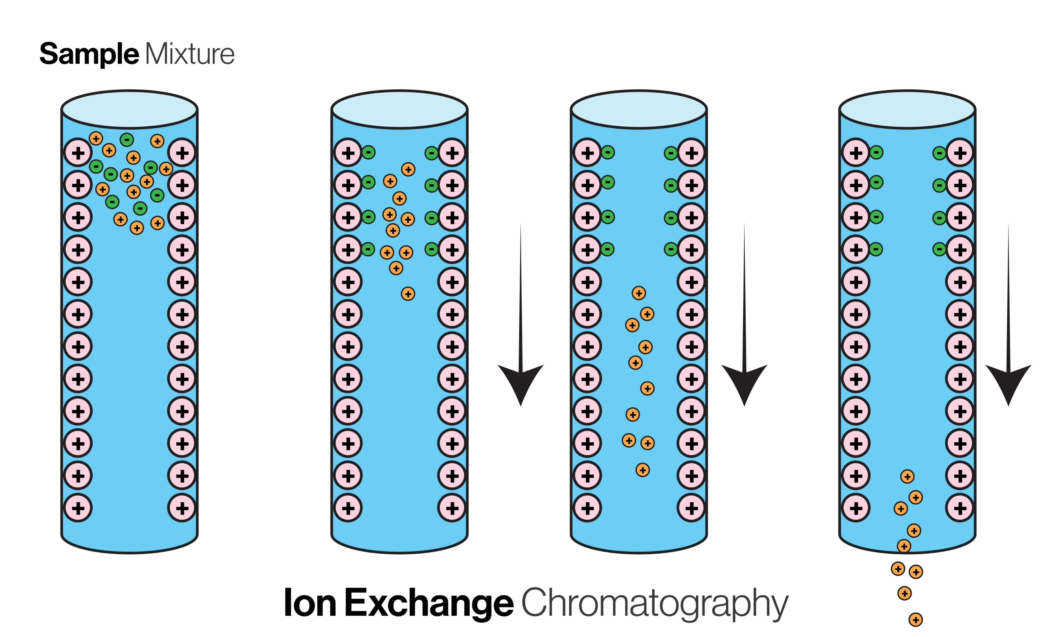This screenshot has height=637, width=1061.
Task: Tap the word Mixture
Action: tap(189, 54)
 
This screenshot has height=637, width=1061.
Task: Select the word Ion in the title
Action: tap(310, 603)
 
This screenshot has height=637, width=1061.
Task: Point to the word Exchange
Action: tap(429, 603)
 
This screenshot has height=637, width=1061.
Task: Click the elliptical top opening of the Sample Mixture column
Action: tap(129, 109)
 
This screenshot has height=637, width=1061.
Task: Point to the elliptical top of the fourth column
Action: tap(907, 109)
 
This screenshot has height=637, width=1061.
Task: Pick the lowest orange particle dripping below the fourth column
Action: tap(916, 619)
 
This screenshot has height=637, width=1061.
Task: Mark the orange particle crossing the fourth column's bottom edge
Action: tap(904, 546)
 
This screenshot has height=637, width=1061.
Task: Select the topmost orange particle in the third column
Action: tap(639, 293)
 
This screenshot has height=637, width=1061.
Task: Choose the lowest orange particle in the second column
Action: tap(408, 294)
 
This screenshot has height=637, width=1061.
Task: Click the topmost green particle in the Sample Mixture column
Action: tap(127, 139)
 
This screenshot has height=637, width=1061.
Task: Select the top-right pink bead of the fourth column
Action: tap(960, 153)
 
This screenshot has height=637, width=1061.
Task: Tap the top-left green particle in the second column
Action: tap(368, 152)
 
